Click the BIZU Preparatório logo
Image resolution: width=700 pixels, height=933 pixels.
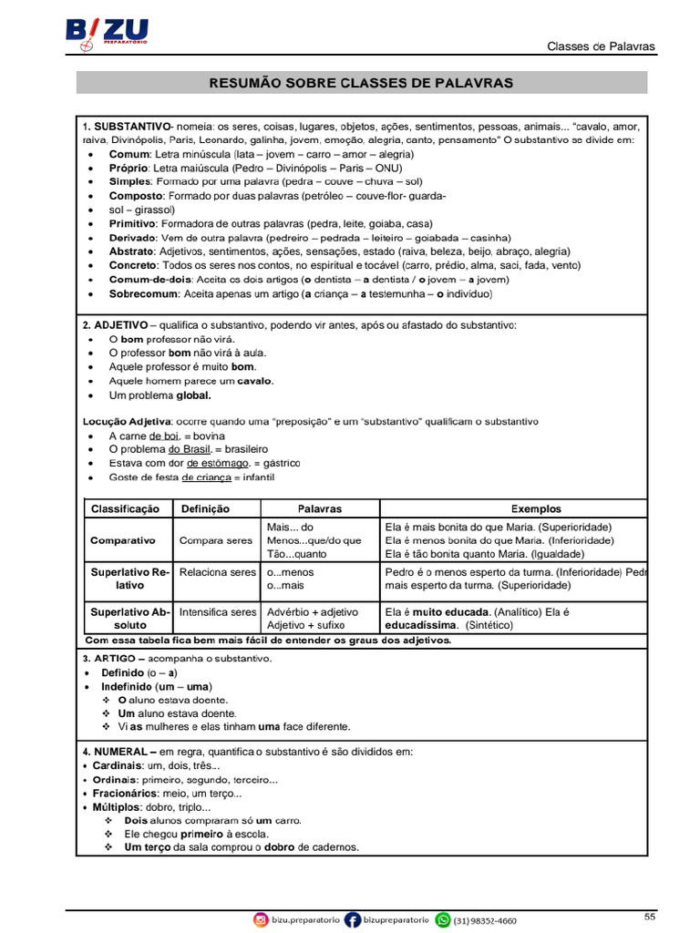[108, 34]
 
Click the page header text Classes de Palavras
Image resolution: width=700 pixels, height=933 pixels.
[600, 47]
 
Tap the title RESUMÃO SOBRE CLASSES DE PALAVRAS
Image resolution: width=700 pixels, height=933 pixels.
[361, 83]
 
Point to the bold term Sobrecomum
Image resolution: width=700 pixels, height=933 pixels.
[144, 294]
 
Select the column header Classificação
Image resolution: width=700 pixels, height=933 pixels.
[125, 509]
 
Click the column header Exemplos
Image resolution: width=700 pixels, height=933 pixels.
[535, 509]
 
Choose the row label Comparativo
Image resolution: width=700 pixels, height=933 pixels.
[123, 540]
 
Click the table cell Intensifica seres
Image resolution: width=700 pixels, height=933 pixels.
[218, 612]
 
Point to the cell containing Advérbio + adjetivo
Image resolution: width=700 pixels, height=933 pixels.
[313, 612]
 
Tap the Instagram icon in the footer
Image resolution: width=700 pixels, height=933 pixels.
[261, 920]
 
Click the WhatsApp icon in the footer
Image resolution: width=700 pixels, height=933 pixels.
[443, 920]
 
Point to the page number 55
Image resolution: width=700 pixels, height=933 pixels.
[649, 916]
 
